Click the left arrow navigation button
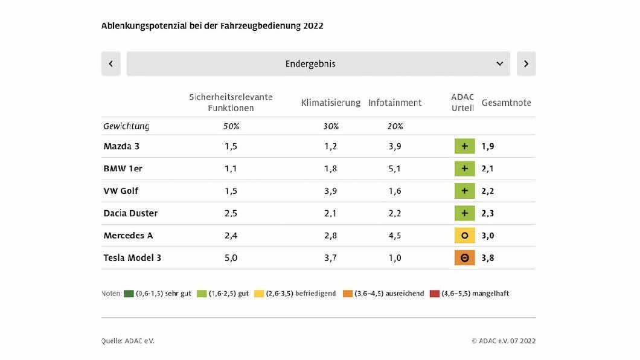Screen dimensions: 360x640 [x=110, y=63]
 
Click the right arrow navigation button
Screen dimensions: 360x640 [x=526, y=63]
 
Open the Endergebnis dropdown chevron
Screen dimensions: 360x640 [x=500, y=63]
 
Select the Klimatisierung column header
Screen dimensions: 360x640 [x=330, y=103]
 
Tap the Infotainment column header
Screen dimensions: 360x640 [x=395, y=103]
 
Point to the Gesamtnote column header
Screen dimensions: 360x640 [x=506, y=103]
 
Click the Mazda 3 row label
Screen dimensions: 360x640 [x=121, y=146]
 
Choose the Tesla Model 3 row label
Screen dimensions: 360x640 [x=132, y=258]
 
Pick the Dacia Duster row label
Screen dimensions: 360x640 [x=130, y=213]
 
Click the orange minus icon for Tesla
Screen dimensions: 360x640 [x=464, y=258]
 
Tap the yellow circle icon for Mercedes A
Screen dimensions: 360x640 [x=464, y=236]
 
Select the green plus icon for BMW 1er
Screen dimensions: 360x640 [x=464, y=169]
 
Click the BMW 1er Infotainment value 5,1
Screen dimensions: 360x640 [x=395, y=169]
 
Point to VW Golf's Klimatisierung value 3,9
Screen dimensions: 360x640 [x=330, y=191]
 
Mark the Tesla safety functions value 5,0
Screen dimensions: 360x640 [x=231, y=258]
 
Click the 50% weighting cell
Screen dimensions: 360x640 [x=231, y=126]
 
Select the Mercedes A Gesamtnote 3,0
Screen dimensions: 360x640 [x=488, y=236]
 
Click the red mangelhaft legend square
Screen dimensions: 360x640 [x=434, y=294]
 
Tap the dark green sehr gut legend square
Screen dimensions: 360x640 [x=129, y=294]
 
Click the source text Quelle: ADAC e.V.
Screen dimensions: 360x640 [x=128, y=341]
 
